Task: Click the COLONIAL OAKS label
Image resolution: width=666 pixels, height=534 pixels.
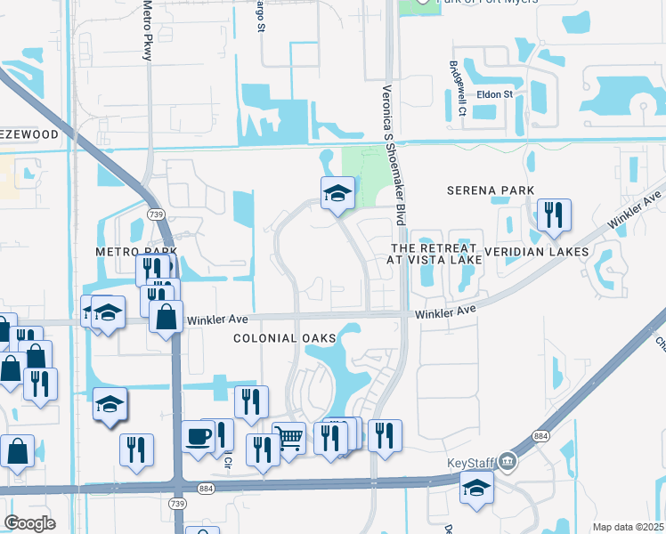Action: tap(285, 338)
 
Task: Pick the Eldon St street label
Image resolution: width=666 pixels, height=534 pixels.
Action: tap(494, 93)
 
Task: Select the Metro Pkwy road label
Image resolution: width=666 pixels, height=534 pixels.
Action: tap(148, 30)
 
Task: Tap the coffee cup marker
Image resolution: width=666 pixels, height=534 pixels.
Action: tap(199, 436)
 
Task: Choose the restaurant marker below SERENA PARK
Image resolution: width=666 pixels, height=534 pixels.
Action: tap(553, 215)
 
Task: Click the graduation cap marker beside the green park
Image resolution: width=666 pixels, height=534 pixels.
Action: tap(337, 193)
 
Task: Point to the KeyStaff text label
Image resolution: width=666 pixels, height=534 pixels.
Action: tap(470, 464)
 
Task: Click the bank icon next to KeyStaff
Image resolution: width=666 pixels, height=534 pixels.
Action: tap(508, 461)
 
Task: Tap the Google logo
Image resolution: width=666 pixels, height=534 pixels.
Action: tap(29, 523)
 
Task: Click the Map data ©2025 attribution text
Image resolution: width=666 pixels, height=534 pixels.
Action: tap(629, 527)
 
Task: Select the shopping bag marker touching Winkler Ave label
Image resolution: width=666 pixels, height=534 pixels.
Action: tap(166, 316)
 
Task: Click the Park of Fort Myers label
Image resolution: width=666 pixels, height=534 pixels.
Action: tap(488, 3)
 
